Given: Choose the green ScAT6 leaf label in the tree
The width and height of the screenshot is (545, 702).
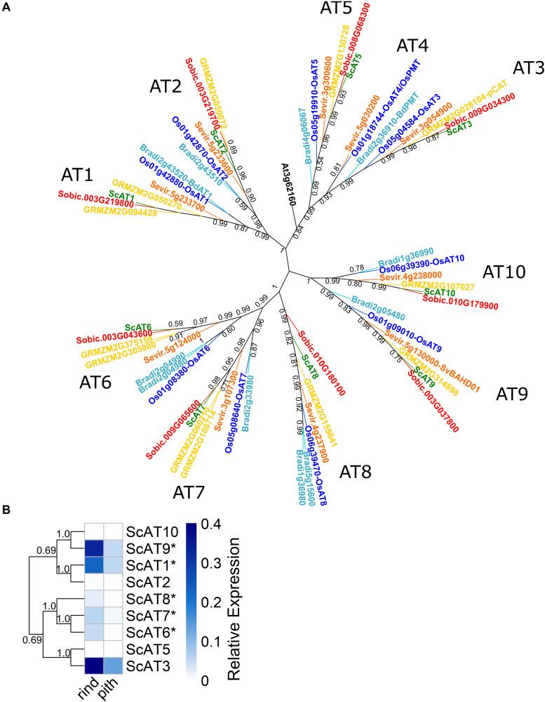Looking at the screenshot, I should [139, 327].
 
